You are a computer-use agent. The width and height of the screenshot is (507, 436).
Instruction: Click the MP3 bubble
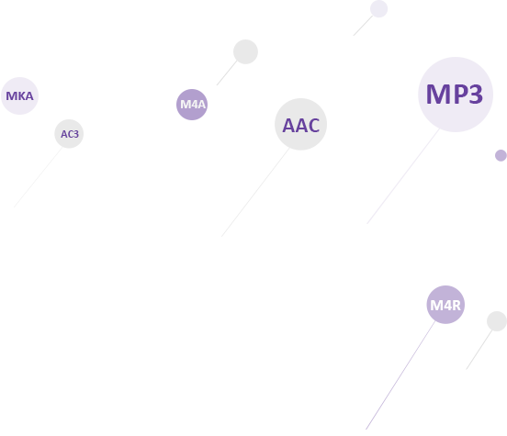pyautogui.click(x=456, y=95)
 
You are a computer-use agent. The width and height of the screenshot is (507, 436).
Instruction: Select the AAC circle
pyautogui.click(x=300, y=124)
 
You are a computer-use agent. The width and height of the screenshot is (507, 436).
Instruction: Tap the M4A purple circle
pyautogui.click(x=192, y=105)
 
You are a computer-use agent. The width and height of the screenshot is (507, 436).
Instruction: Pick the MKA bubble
pyautogui.click(x=19, y=95)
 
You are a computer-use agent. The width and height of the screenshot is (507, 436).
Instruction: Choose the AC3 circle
pyautogui.click(x=69, y=133)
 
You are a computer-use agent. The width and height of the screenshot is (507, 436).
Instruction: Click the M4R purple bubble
pyautogui.click(x=445, y=305)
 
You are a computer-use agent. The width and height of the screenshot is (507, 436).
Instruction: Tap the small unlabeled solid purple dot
pyautogui.click(x=501, y=155)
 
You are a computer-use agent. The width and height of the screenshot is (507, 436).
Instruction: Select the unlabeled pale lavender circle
pyautogui.click(x=378, y=9)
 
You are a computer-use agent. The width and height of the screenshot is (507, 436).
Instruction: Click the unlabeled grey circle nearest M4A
pyautogui.click(x=245, y=51)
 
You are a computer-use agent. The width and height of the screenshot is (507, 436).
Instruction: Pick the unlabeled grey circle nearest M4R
pyautogui.click(x=497, y=321)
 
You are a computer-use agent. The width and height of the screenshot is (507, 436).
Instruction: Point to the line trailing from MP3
pyautogui.click(x=403, y=176)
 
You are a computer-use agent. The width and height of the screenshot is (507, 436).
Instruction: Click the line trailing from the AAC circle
pyautogui.click(x=255, y=193)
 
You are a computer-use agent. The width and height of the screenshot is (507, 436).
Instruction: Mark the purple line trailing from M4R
pyautogui.click(x=400, y=375)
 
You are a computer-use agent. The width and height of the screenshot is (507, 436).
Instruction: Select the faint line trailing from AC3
pyautogui.click(x=38, y=177)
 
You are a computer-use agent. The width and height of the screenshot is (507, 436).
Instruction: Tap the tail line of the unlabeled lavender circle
pyautogui.click(x=363, y=26)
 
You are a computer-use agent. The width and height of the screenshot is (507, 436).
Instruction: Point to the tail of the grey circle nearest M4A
pyautogui.click(x=227, y=73)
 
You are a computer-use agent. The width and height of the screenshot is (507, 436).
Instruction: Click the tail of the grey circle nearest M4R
pyautogui.click(x=479, y=350)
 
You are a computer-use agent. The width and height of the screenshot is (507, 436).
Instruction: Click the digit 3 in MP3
pyautogui.click(x=476, y=95)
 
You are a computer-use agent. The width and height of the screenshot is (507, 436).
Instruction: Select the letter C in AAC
pyautogui.click(x=314, y=126)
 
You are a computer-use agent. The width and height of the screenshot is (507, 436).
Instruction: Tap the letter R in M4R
pyautogui.click(x=456, y=306)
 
